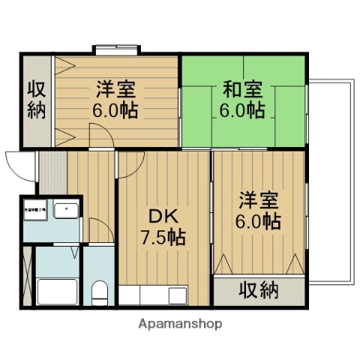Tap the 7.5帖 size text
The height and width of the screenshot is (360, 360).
pos(161,239)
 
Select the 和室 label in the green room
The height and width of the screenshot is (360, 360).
pos(241,89)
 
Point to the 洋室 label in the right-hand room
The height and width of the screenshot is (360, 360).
pos(259,200)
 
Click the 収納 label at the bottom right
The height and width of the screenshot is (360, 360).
pos(259,289)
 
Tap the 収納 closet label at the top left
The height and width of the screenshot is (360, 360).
pos(37,100)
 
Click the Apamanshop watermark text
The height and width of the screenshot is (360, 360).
pos(179,325)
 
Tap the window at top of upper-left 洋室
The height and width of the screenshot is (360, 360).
pos(117,50)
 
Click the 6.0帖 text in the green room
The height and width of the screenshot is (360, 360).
pos(241,110)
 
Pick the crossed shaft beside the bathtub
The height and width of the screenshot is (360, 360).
pos(28,271)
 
